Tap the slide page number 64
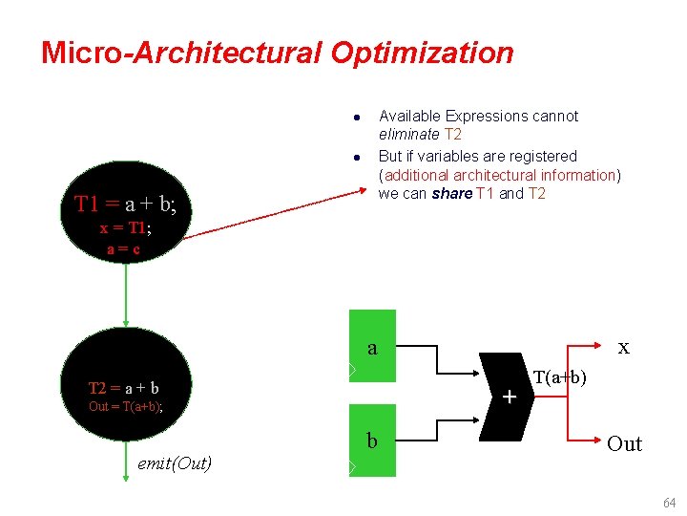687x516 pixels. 669,503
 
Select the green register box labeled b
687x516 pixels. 373,441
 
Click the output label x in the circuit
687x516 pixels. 623,348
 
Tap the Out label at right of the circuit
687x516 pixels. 624,443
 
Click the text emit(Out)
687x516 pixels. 175,463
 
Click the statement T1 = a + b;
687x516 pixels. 124,204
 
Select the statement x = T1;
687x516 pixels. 125,228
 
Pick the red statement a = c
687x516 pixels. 125,248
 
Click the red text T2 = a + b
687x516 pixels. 123,389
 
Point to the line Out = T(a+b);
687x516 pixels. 125,407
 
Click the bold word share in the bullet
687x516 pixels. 451,194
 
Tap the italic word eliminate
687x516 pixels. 409,135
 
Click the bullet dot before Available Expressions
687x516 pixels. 355,118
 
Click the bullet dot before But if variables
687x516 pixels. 355,157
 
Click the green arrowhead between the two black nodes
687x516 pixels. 125,322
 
